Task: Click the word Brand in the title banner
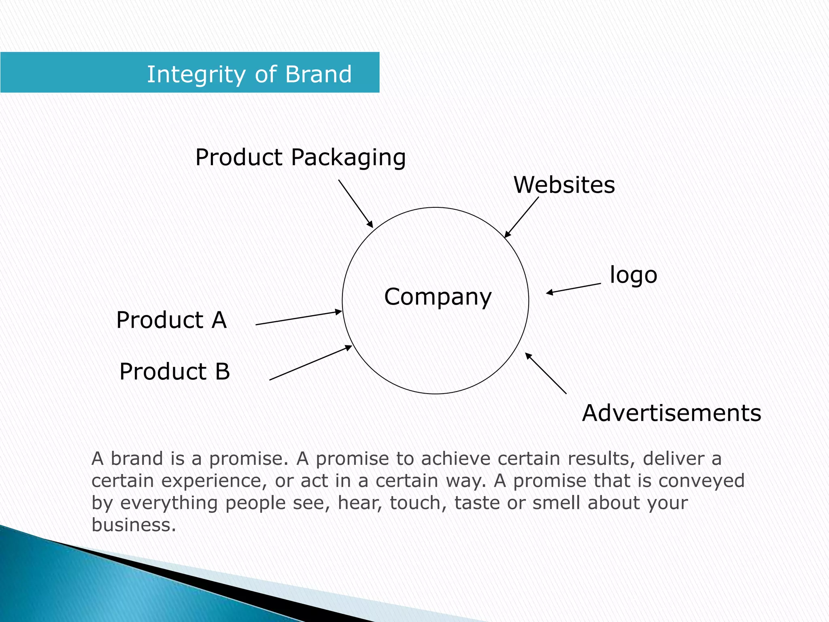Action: click(318, 75)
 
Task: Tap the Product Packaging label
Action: click(300, 157)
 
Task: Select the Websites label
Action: click(564, 185)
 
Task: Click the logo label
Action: click(633, 275)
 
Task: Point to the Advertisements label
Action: click(672, 413)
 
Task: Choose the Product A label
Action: click(171, 320)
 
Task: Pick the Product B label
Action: click(174, 371)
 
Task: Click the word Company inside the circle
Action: click(438, 297)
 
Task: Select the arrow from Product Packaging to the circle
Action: click(355, 204)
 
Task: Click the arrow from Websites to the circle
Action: click(521, 217)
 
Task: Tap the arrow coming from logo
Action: click(573, 288)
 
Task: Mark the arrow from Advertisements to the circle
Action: click(546, 373)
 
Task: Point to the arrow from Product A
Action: click(299, 318)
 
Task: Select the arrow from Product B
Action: click(310, 363)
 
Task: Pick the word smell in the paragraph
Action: click(556, 503)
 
